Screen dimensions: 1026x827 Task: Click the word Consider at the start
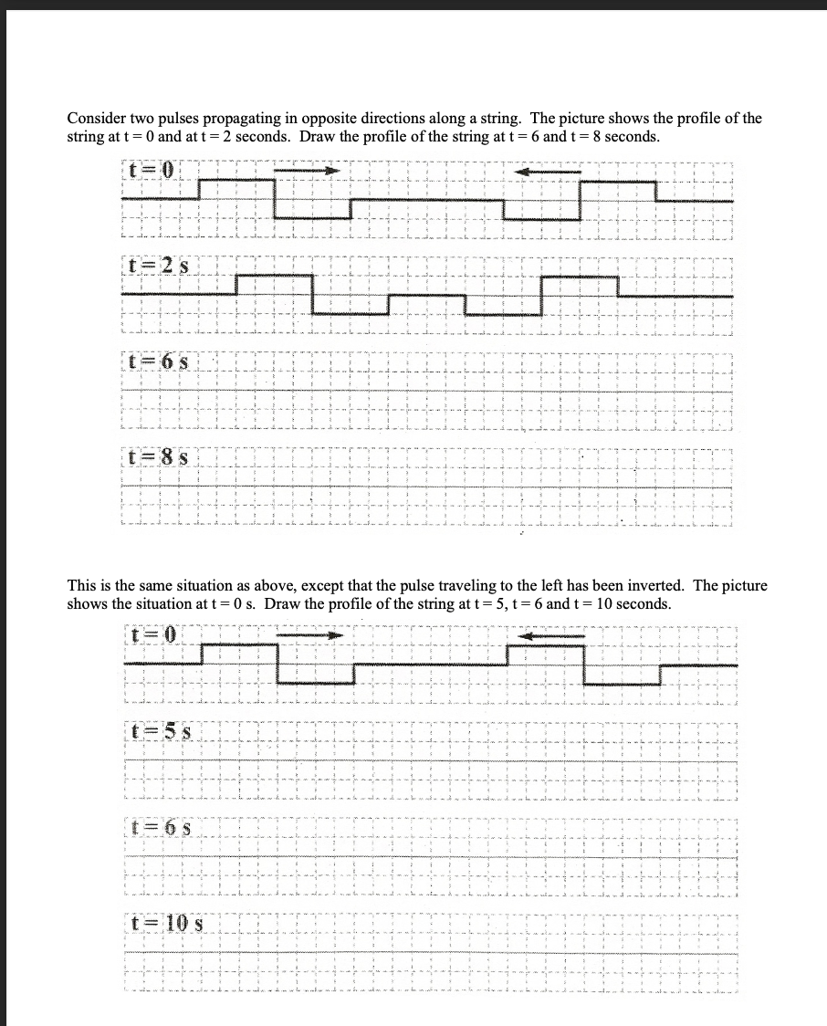pos(96,119)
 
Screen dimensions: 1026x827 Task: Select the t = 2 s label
pos(157,267)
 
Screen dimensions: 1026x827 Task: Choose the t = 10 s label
pos(165,924)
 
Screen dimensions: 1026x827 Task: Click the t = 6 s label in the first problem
pos(157,361)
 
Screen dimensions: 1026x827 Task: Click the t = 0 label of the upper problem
pos(151,171)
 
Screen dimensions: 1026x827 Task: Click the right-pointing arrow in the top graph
pos(307,170)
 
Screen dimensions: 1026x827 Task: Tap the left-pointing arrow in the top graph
pos(548,171)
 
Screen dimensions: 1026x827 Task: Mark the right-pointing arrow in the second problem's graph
pos(310,633)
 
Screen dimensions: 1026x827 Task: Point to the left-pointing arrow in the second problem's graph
pos(551,634)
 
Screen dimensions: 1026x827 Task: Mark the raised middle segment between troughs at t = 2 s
pos(427,295)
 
